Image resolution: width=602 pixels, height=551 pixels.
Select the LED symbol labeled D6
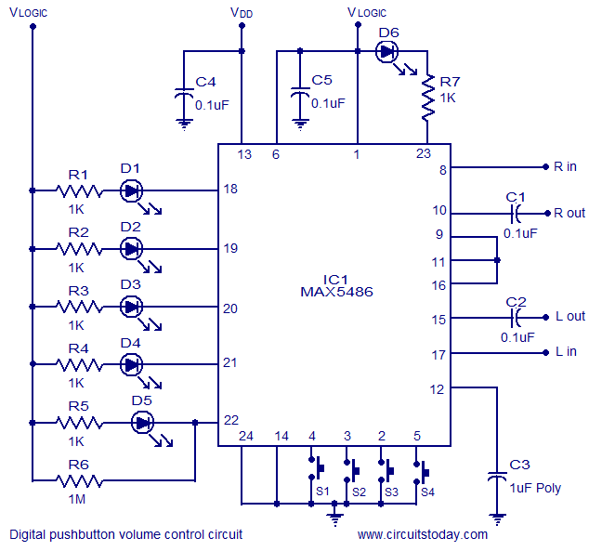tap(388, 52)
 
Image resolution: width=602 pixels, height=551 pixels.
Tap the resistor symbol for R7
tap(427, 98)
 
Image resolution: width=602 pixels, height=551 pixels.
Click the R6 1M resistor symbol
tap(78, 480)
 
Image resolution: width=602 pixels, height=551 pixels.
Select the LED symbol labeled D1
tap(132, 190)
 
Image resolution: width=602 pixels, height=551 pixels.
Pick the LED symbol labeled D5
tap(142, 423)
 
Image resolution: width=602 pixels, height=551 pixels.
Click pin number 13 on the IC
tap(244, 155)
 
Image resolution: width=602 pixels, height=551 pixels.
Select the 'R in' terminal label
tap(565, 167)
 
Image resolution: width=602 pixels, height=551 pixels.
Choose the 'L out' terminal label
tap(569, 316)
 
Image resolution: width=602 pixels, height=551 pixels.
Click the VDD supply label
tap(241, 13)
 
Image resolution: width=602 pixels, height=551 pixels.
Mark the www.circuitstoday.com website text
tap(422, 534)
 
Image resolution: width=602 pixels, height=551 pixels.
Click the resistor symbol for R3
tap(79, 307)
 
